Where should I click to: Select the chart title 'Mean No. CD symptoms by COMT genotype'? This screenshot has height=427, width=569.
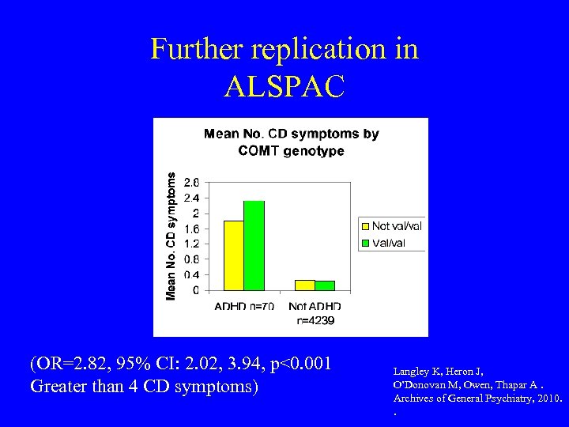click(291, 142)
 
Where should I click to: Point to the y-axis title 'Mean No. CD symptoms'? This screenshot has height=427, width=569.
click(171, 236)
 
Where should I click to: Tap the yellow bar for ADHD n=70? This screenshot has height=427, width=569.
click(234, 255)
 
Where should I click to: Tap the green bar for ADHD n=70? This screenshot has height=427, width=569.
click(254, 246)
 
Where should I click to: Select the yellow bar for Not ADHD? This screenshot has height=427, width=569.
click(305, 285)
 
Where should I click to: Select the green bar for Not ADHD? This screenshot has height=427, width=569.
click(324, 285)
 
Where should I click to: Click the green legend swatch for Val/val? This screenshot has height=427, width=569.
click(366, 243)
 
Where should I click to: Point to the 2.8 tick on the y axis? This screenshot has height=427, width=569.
click(191, 183)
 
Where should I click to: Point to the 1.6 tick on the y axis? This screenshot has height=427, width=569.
click(191, 229)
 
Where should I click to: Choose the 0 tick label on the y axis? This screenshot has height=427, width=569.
click(196, 290)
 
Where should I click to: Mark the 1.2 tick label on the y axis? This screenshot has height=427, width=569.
click(191, 244)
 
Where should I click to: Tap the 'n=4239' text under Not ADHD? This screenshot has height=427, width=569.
click(315, 321)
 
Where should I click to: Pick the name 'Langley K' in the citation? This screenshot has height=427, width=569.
click(420, 370)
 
